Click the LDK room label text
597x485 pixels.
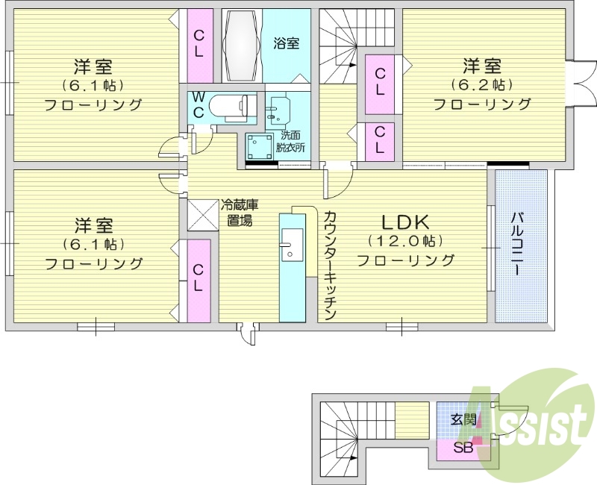(x=405, y=222)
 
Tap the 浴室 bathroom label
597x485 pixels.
(x=286, y=43)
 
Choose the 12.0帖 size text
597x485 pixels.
(x=405, y=241)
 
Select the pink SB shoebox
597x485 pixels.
(x=463, y=448)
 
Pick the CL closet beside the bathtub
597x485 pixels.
(x=199, y=45)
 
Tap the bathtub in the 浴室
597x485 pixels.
(x=240, y=46)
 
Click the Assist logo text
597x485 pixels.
(x=536, y=425)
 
